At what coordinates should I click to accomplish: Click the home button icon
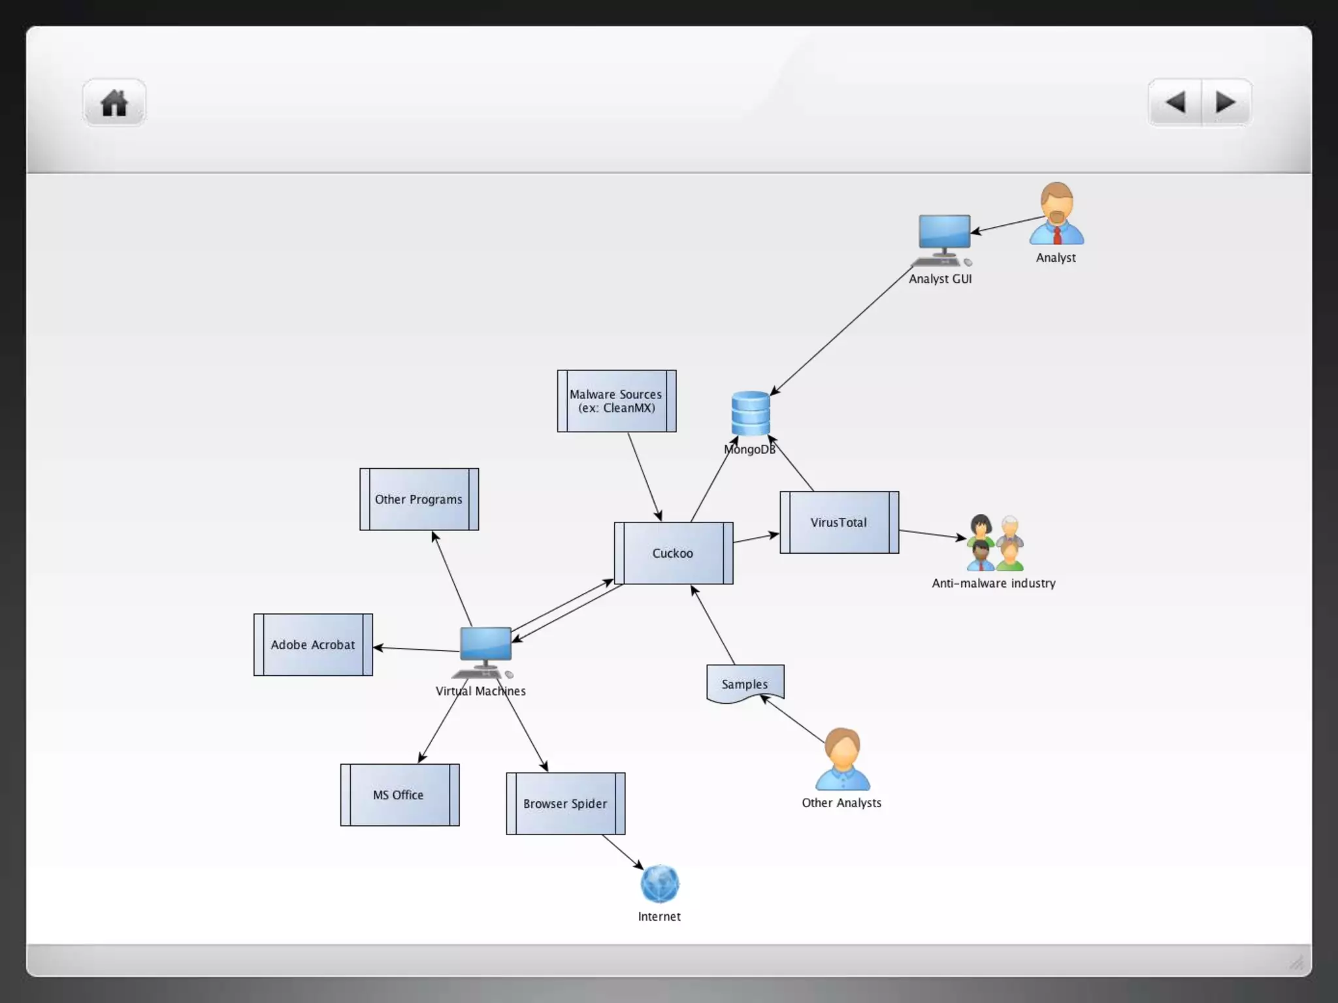point(114,103)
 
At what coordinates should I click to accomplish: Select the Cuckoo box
point(673,553)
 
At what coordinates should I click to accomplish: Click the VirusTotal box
point(839,522)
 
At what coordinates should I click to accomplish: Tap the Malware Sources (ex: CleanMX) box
point(616,401)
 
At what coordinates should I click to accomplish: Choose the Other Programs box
point(419,500)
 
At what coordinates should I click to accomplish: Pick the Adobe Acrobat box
point(313,645)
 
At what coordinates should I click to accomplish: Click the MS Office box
point(399,795)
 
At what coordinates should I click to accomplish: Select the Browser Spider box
point(565,804)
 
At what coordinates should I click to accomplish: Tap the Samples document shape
point(745,684)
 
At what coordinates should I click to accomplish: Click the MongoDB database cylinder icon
point(751,413)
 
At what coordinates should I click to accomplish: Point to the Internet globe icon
point(660,884)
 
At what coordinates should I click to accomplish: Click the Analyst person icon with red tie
point(1056,214)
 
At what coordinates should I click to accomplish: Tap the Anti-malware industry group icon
point(995,543)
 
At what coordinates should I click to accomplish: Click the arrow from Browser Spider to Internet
point(622,852)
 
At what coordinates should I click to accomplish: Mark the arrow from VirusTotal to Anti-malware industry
point(932,534)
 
